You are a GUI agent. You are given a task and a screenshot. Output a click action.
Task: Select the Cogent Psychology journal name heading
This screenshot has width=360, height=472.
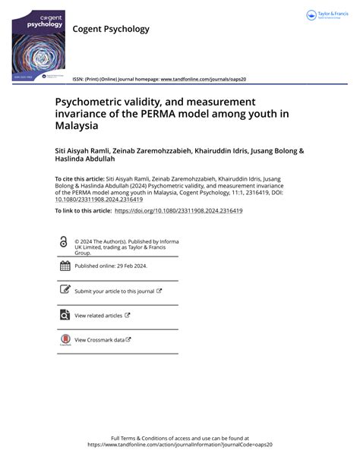pyautogui.click(x=111, y=30)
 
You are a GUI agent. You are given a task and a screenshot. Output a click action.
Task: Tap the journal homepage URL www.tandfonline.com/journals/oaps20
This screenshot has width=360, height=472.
pyautogui.click(x=201, y=79)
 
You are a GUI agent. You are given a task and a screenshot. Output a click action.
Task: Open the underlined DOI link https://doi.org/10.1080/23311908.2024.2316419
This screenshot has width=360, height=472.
pyautogui.click(x=178, y=210)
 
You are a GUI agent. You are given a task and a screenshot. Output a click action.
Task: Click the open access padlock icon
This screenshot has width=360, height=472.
pyautogui.click(x=64, y=242)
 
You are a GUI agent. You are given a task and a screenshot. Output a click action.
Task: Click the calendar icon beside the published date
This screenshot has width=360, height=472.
pyautogui.click(x=65, y=266)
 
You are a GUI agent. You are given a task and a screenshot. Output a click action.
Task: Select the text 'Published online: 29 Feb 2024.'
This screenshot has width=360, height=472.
pyautogui.click(x=111, y=266)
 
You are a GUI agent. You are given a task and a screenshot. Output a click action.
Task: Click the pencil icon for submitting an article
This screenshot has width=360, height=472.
pyautogui.click(x=65, y=291)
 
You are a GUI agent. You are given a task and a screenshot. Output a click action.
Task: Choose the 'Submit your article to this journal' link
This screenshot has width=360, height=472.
pyautogui.click(x=115, y=291)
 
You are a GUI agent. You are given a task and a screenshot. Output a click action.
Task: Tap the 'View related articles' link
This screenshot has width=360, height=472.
pyautogui.click(x=99, y=315)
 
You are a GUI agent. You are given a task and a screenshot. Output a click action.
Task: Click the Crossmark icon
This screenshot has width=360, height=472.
pyautogui.click(x=65, y=340)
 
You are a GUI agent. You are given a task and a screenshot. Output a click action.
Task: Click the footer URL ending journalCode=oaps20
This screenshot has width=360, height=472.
pyautogui.click(x=179, y=445)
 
